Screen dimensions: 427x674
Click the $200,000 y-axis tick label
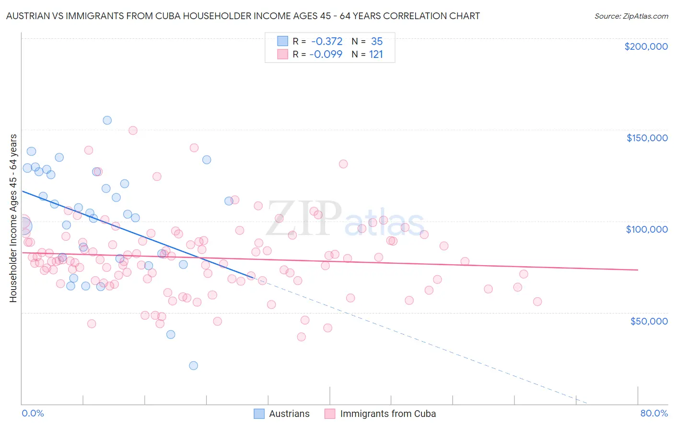[x=646, y=46]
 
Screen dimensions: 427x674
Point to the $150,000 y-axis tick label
[x=647, y=138]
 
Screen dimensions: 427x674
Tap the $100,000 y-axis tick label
[x=647, y=229]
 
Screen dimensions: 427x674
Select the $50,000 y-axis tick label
[x=649, y=321]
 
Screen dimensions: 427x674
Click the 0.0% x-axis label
[x=33, y=413]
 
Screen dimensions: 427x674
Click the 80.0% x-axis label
[x=654, y=413]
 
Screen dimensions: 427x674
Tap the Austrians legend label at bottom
[x=289, y=414]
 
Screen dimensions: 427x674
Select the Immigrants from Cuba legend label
[x=388, y=414]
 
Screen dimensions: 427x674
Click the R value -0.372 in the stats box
[x=326, y=41]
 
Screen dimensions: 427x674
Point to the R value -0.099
[x=326, y=54]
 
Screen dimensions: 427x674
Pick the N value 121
[x=376, y=54]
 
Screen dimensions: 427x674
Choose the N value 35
[x=377, y=41]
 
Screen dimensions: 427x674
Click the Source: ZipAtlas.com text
[x=631, y=16]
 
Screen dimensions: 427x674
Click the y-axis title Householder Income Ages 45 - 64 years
[x=13, y=218]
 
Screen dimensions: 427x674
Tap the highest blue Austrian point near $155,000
[x=107, y=120]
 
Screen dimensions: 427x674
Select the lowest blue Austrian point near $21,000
[x=194, y=365]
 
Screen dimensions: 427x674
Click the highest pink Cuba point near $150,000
[x=133, y=130]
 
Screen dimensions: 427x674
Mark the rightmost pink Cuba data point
[x=537, y=302]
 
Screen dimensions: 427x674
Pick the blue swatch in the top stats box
[x=283, y=41]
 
